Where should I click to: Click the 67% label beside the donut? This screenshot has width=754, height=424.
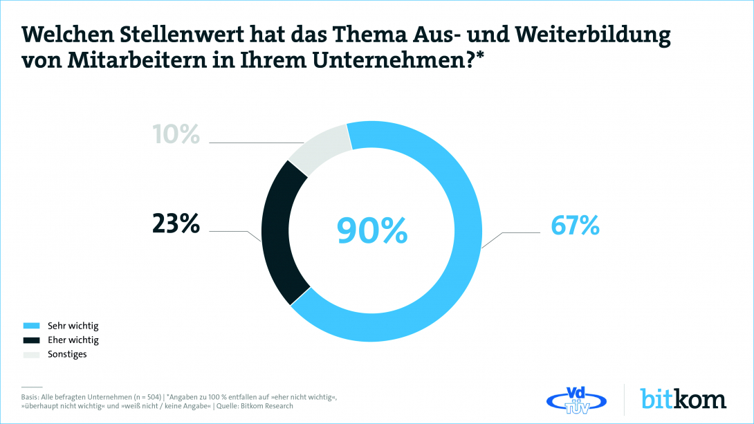coord(574,225)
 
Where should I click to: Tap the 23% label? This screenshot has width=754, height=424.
coord(176,224)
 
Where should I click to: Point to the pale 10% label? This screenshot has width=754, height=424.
coord(176,134)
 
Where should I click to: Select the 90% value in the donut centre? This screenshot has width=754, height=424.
coord(372,231)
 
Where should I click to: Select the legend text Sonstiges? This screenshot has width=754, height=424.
coord(67,355)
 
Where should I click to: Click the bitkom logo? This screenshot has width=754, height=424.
coord(683,399)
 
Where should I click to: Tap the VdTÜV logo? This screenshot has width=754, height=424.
coord(576,399)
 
